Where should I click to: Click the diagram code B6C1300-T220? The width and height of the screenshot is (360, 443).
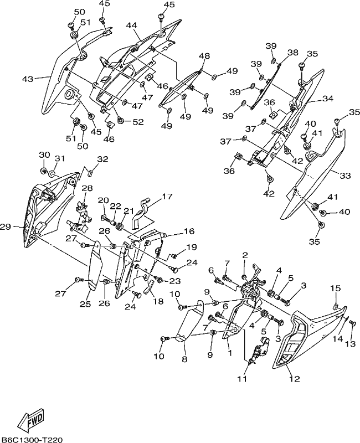[x=32, y=439]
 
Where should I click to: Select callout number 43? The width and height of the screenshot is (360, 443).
[x=28, y=79]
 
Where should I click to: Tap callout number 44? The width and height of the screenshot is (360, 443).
[x=131, y=25]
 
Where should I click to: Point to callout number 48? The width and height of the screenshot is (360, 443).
[x=204, y=56]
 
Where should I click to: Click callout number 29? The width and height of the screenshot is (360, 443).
[x=6, y=226]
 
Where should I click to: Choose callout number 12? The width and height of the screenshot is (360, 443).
[x=294, y=379]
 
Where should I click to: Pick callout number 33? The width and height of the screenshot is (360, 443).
[x=345, y=176]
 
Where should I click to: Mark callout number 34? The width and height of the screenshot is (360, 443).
[x=327, y=99]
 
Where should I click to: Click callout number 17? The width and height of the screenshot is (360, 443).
[x=167, y=196]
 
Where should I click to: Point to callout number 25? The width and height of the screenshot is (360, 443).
[x=86, y=303]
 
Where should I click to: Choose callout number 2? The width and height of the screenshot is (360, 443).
[x=245, y=255]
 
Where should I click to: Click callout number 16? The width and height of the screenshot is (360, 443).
[x=189, y=231]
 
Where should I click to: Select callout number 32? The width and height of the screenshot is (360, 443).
[x=103, y=159]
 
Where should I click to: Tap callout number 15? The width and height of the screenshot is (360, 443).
[x=336, y=289]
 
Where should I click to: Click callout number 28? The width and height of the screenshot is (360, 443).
[x=88, y=188]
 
